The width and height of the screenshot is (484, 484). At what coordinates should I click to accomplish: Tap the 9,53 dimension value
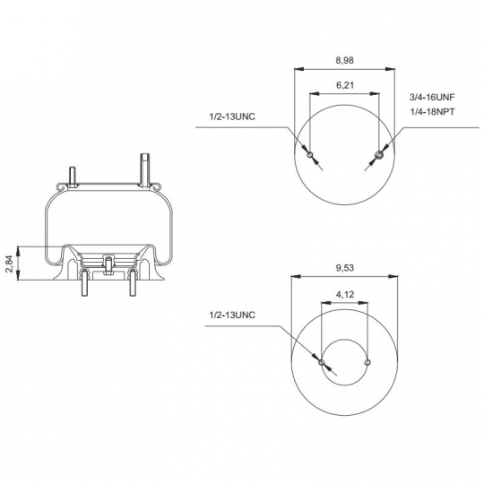click(345, 268)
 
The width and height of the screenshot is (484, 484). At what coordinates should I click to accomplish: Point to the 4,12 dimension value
click(345, 293)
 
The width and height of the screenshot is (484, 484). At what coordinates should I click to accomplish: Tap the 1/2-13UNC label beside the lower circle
click(232, 315)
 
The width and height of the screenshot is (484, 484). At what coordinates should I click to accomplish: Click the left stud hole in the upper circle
click(310, 156)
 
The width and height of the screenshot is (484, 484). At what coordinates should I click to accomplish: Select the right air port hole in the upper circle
click(378, 156)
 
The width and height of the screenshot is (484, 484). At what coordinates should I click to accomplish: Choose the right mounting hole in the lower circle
click(367, 362)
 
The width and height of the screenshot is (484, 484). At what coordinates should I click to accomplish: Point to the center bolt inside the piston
click(107, 264)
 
